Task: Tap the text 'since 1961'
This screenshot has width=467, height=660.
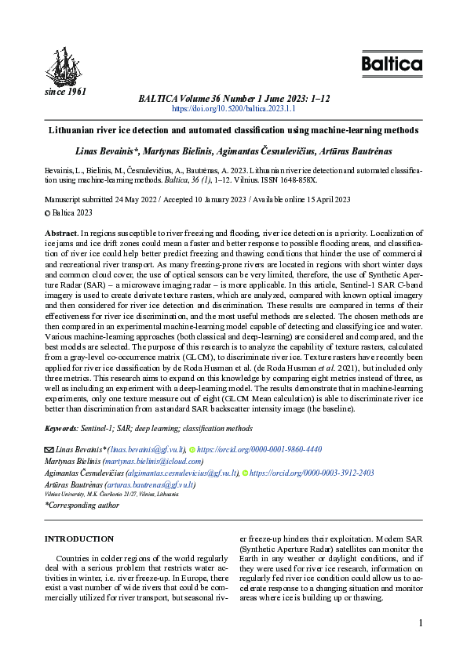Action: (x=64, y=92)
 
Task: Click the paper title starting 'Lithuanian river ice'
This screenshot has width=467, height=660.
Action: (x=234, y=130)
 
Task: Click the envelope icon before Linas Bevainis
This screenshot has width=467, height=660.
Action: (x=49, y=450)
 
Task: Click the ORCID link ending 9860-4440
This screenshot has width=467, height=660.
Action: (x=258, y=450)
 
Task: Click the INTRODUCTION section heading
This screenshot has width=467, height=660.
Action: (x=79, y=539)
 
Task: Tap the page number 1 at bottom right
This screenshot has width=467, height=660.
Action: (x=421, y=623)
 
